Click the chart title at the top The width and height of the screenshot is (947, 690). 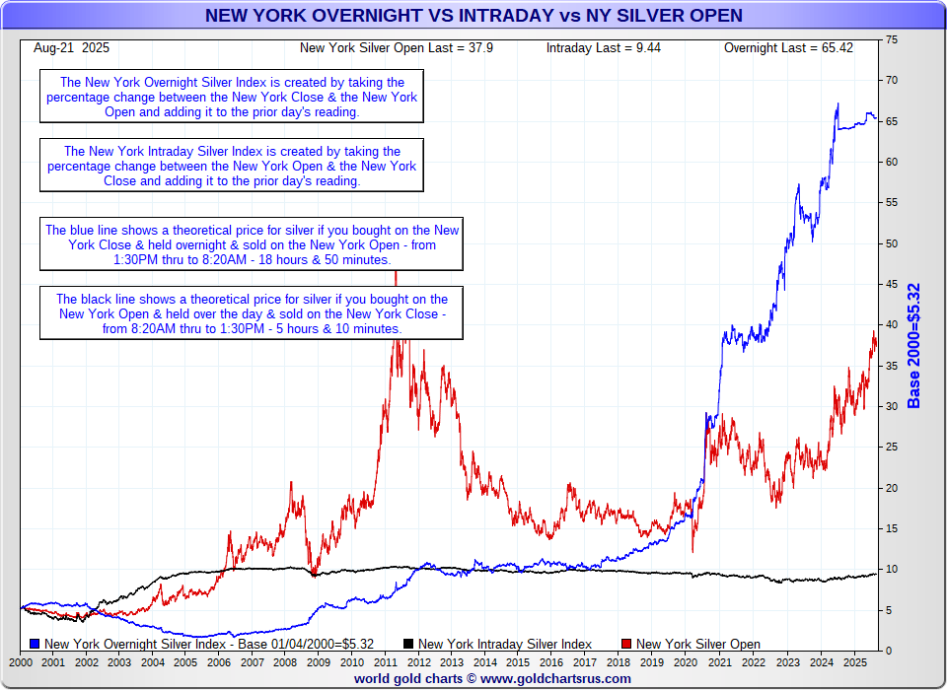point(473,16)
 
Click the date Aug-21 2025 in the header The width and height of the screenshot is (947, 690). point(71,47)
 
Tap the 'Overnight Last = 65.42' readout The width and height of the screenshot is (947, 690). point(788,47)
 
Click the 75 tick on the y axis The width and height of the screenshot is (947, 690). point(892,39)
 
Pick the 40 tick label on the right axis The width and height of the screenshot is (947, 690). point(892,324)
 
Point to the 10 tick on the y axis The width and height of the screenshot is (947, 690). point(892,569)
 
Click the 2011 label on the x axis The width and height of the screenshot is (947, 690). point(386,664)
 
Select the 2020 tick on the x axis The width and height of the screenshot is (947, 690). point(687,664)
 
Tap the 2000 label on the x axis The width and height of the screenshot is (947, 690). point(20,664)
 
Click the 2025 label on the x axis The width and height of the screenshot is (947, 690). point(853,664)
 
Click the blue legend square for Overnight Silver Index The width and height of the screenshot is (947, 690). point(36,644)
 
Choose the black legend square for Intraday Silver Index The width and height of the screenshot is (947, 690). point(409,644)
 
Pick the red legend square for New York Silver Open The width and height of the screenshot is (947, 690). point(625,644)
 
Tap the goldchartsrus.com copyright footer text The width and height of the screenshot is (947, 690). point(492,679)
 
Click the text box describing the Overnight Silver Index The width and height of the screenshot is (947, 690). point(232,96)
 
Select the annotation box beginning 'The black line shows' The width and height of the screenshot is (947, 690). point(252,313)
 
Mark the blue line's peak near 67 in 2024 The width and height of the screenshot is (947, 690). point(838,103)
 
